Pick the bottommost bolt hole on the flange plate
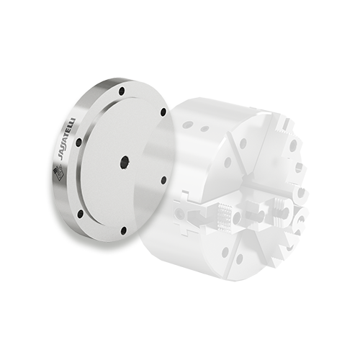(x=124, y=230)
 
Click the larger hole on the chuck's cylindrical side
(x=187, y=125)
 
